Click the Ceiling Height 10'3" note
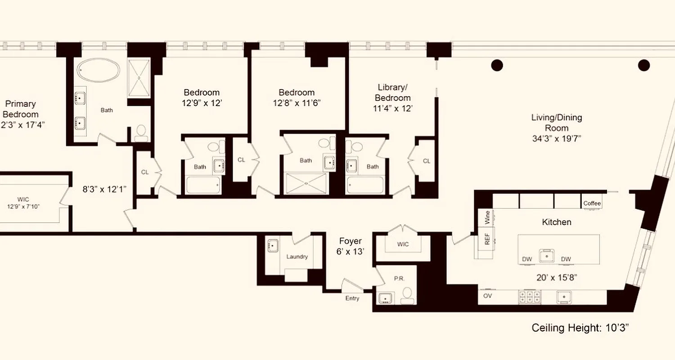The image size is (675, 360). (x=580, y=328)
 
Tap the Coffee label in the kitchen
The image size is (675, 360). (x=592, y=203)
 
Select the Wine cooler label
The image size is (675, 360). (x=487, y=217)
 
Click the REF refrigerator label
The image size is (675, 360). (x=487, y=238)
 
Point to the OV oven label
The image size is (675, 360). (x=487, y=296)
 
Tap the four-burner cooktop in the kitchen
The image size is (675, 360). (x=530, y=297)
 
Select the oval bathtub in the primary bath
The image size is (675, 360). (x=99, y=71)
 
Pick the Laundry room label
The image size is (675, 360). (x=297, y=256)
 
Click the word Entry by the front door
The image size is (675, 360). (x=352, y=298)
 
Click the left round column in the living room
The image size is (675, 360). (x=496, y=65)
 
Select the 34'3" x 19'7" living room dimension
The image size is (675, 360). (x=557, y=139)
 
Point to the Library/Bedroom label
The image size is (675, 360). (x=393, y=92)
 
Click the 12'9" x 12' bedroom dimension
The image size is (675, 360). (x=201, y=103)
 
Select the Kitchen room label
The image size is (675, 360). (x=557, y=222)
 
